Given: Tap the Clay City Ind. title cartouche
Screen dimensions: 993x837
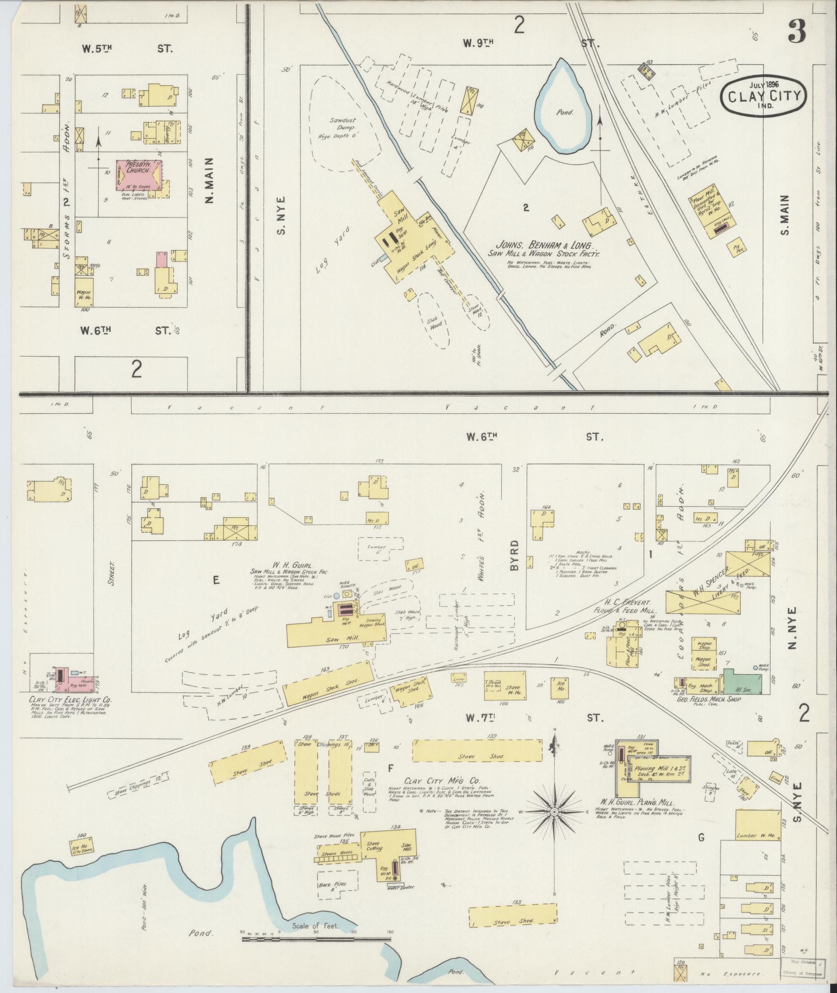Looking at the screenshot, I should pos(763,93).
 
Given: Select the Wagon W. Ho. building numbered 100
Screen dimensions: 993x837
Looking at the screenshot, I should pos(84,294).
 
